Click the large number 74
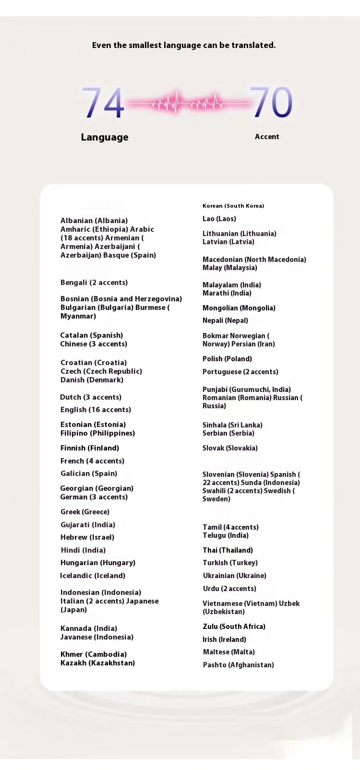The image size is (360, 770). (103, 103)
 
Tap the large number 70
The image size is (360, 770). (271, 102)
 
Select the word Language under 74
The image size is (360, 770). (105, 137)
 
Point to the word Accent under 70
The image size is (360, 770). (267, 137)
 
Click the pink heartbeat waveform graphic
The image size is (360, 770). (187, 103)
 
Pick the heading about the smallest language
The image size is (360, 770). (184, 45)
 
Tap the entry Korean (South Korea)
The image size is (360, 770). (233, 206)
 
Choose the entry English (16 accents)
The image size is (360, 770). (96, 410)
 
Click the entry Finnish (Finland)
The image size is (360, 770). (90, 448)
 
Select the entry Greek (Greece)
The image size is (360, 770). (85, 512)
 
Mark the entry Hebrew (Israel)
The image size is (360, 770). (87, 537)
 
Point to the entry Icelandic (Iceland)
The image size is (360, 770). (93, 576)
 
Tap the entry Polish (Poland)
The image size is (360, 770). (227, 359)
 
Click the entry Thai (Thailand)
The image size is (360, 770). (228, 550)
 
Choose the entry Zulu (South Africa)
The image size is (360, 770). (234, 627)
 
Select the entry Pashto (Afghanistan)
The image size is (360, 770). (238, 665)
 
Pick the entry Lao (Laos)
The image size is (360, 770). (219, 219)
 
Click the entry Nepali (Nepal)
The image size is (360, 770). (225, 320)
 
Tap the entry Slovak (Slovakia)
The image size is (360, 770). (230, 448)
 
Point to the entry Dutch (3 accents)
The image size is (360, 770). (91, 397)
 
